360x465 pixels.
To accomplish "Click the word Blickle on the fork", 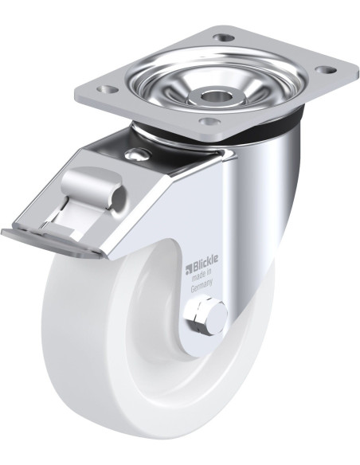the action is [x=205, y=261].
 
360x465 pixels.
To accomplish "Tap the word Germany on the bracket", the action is [x=202, y=285].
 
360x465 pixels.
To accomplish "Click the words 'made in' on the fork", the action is [x=202, y=275].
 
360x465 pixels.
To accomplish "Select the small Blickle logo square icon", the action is [x=189, y=269].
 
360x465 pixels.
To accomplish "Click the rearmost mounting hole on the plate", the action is [x=223, y=37].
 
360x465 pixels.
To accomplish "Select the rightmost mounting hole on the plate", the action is [x=326, y=70].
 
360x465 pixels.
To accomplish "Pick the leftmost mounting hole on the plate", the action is [x=106, y=88].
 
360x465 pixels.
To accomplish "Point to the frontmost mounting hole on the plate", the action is [x=209, y=121].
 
